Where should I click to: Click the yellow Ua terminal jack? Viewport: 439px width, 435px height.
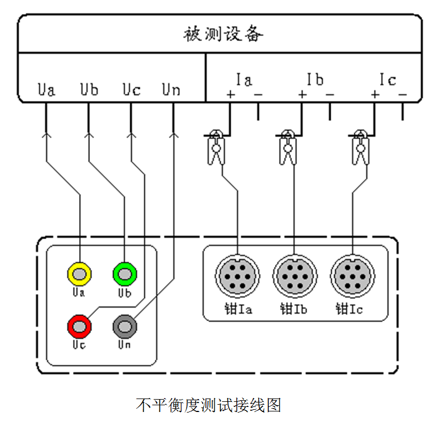79,274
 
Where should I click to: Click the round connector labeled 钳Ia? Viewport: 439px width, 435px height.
238,276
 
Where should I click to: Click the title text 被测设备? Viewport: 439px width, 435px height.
223,34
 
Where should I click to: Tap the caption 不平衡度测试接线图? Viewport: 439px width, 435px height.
208,405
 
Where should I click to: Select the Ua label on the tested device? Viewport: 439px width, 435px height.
47,89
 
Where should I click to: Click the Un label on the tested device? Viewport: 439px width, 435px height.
171,89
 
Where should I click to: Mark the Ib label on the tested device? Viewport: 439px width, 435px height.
315,80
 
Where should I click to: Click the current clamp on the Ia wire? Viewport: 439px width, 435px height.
216,147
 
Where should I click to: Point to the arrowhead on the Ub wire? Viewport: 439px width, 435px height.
88,135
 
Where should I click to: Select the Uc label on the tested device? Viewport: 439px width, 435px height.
131,89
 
